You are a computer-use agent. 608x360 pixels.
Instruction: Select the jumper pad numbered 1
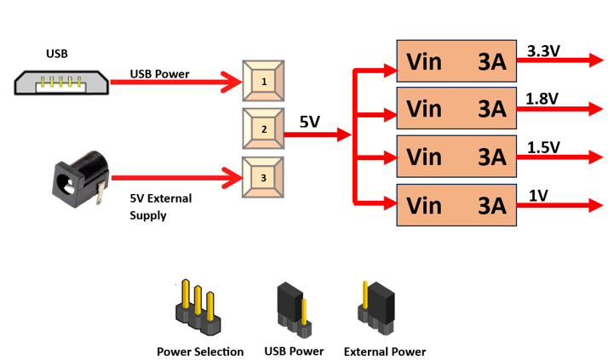[264, 82]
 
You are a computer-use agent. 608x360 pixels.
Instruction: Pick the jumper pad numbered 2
[264, 129]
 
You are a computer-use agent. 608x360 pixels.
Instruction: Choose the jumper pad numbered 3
[264, 178]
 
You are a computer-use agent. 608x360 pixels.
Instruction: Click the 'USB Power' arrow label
[160, 73]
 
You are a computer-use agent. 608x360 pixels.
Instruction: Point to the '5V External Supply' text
[161, 207]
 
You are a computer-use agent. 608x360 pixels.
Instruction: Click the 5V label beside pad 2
[309, 123]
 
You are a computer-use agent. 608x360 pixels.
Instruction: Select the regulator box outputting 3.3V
[456, 61]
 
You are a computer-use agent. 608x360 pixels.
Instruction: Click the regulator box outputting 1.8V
[456, 109]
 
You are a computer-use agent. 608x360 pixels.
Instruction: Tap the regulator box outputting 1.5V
[456, 157]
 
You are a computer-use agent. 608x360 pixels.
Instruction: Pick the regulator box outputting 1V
[456, 205]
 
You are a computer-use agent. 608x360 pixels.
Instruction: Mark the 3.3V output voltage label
[544, 51]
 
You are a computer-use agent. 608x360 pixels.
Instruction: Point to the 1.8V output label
[543, 99]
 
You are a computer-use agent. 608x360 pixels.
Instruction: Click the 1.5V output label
[543, 147]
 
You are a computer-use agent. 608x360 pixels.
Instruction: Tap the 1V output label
[538, 195]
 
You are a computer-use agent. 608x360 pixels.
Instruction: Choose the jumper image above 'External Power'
[376, 306]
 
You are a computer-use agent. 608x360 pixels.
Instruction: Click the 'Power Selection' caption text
[200, 351]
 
